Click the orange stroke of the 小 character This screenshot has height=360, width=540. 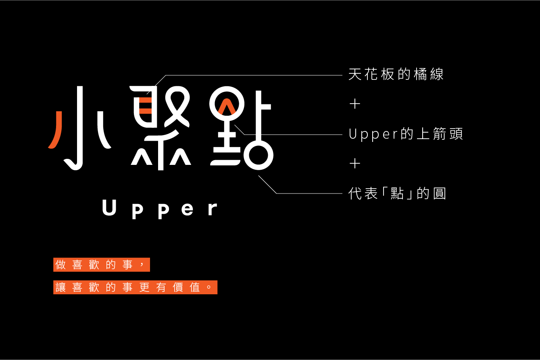[56, 130]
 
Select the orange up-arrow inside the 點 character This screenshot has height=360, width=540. [227, 106]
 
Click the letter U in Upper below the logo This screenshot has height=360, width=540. [109, 208]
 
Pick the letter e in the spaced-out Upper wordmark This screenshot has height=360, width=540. [188, 209]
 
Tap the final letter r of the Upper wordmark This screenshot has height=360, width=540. [213, 209]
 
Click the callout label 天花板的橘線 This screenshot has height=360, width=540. [396, 75]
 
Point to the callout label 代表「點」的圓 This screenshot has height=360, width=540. [398, 194]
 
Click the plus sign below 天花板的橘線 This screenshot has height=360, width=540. [355, 104]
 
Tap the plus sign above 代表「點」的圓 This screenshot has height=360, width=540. [355, 163]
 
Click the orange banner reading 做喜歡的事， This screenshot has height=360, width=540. [102, 265]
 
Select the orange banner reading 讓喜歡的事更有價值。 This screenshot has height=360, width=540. [135, 287]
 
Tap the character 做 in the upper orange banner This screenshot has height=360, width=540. [60, 265]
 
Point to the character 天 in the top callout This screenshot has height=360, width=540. [355, 75]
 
